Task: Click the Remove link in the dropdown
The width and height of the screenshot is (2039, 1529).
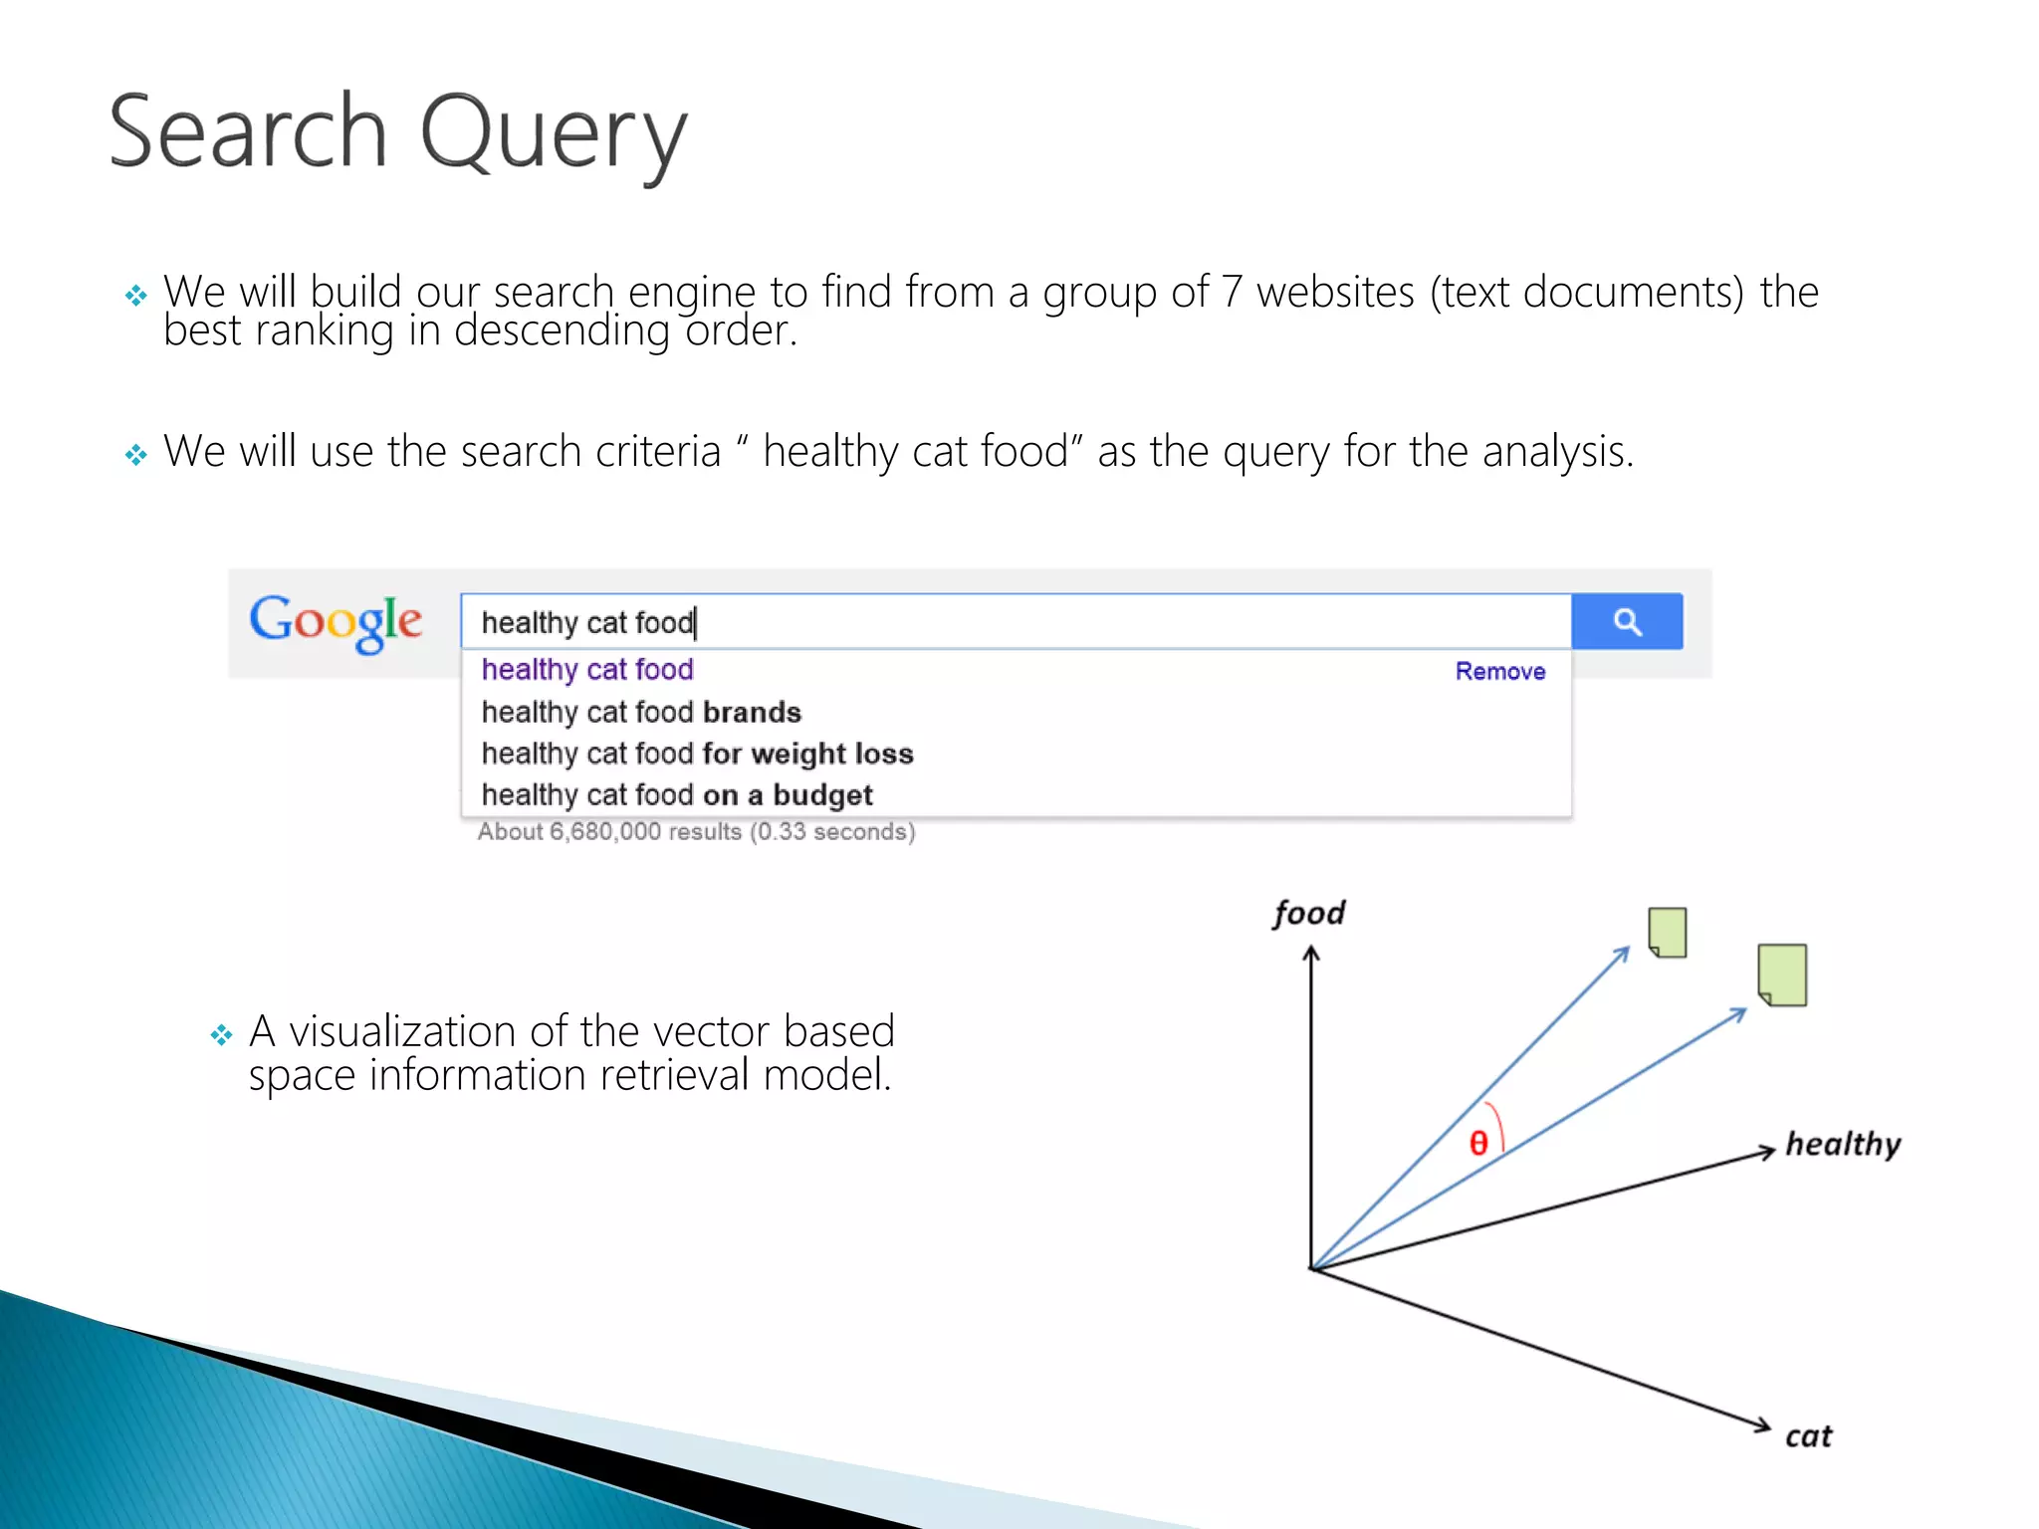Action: (1499, 671)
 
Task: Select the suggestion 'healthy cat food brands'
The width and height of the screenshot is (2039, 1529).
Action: (641, 712)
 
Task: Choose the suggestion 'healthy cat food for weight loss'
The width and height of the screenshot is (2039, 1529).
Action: (697, 754)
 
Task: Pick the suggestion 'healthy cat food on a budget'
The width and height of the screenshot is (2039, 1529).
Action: (677, 794)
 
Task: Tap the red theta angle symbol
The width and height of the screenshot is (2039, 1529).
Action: (1478, 1143)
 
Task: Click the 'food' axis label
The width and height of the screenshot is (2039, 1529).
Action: (1308, 913)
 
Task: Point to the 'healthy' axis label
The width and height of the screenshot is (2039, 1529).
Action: (1842, 1144)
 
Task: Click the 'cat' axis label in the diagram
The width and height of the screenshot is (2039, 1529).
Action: (1808, 1436)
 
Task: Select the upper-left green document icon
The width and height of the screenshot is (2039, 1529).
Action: (1668, 932)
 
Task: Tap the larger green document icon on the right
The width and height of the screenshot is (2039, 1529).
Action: (1782, 975)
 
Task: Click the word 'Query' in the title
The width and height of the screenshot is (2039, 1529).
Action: (554, 134)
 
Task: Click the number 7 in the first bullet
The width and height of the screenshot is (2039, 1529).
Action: (1232, 293)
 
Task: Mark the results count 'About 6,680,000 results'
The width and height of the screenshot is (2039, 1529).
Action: (610, 832)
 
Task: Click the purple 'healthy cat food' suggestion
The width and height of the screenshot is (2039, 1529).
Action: (587, 670)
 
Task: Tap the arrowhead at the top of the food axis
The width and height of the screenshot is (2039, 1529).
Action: (1311, 954)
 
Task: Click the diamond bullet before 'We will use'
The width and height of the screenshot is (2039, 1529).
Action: (136, 455)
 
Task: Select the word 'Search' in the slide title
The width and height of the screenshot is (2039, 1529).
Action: (248, 131)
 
